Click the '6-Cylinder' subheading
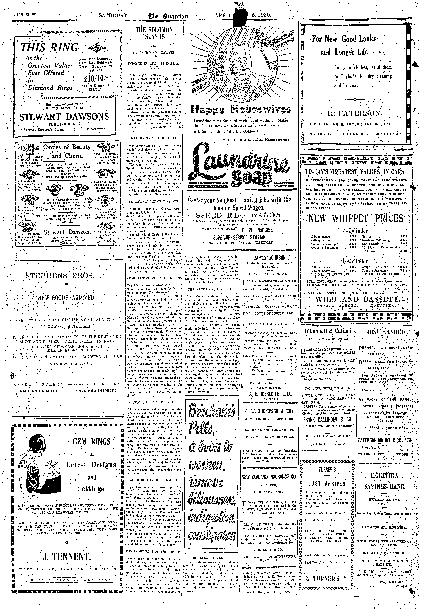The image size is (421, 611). pos(355,261)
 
